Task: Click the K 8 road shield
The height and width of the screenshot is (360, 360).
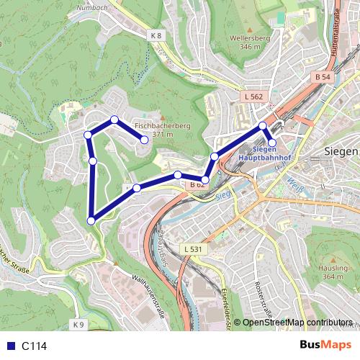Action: pos(157,35)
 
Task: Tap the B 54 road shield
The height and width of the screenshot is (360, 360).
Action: pos(323,76)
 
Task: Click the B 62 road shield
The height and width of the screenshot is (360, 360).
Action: pos(198,185)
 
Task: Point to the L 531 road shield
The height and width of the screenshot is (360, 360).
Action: pos(192,249)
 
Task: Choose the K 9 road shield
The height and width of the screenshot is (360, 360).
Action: pos(78,325)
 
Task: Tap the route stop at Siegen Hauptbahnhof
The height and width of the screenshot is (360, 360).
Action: pos(272,143)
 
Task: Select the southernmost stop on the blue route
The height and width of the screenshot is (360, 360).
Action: pos(91,220)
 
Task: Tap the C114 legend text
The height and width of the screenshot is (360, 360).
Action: pos(34,346)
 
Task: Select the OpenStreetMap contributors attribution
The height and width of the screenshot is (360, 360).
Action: pos(297,323)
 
